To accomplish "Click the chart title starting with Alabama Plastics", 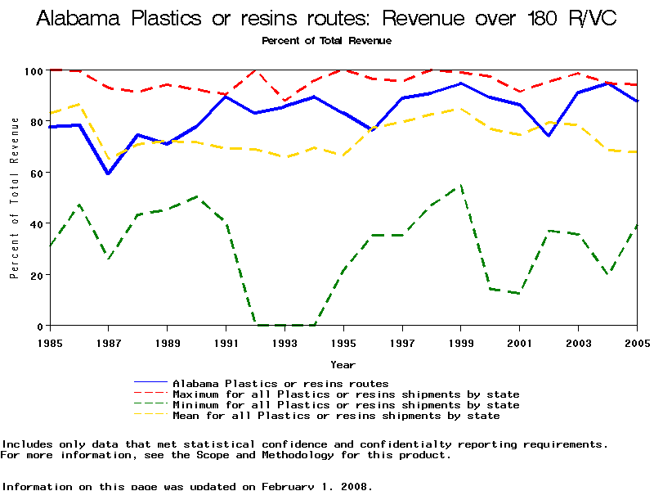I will pyautogui.click(x=326, y=19).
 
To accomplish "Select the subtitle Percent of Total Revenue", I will pyautogui.click(x=326, y=40).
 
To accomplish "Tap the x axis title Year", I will pyautogui.click(x=343, y=364).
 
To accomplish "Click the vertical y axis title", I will pyautogui.click(x=14, y=198).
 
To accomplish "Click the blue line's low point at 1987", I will pyautogui.click(x=109, y=173).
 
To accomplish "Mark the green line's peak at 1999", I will pyautogui.click(x=461, y=186).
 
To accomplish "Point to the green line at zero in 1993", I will pyautogui.click(x=284, y=325).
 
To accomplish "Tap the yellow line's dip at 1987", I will pyautogui.click(x=109, y=159).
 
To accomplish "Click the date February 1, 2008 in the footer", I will pyautogui.click(x=315, y=486).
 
